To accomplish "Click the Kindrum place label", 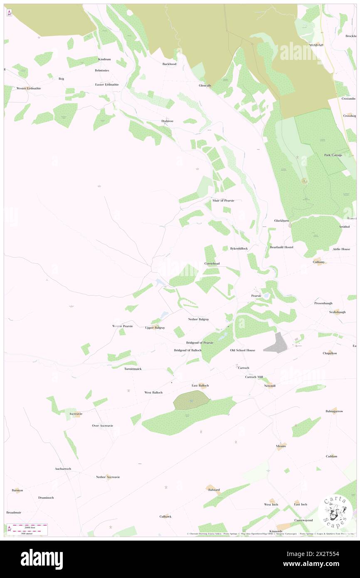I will [x=104, y=59].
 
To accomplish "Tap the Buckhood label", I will [x=170, y=64].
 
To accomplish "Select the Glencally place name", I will [x=205, y=86].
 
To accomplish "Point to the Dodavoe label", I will [x=167, y=121].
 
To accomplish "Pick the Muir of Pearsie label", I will [x=223, y=200].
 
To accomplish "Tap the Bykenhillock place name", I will [x=239, y=249].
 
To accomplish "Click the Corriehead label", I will [x=212, y=264].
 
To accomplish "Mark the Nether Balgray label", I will [x=198, y=319].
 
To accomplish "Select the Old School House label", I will [x=243, y=350].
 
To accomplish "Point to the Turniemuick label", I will [x=133, y=369].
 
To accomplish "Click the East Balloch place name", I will [x=200, y=386].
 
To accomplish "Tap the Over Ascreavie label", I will [x=103, y=425].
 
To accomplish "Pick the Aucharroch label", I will [x=63, y=469].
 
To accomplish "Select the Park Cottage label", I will [x=333, y=155].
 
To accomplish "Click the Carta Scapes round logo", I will [x=335, y=511].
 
